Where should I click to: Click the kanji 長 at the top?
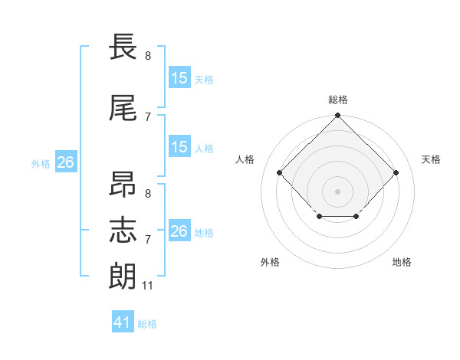tap(123, 46)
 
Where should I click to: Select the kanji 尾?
tap(123, 108)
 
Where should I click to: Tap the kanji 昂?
tap(123, 184)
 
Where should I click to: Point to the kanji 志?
tap(123, 230)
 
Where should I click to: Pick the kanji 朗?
tap(123, 276)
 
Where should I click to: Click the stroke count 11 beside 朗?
tap(147, 286)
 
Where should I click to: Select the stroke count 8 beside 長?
tap(148, 55)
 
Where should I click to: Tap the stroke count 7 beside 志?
tap(148, 240)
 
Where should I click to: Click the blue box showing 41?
tap(123, 321)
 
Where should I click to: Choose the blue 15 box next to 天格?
tap(180, 77)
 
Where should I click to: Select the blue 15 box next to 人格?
tap(180, 146)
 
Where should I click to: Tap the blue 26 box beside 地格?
tap(180, 230)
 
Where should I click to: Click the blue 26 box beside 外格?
tap(66, 162)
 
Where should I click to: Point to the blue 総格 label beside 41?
tap(147, 324)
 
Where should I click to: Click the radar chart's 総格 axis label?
tap(338, 100)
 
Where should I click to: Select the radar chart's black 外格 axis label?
tap(270, 262)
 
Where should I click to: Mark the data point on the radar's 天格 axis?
tap(396, 172)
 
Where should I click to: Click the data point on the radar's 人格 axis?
tap(279, 172)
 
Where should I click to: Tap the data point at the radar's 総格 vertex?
tap(337, 115)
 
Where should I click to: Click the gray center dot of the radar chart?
tap(337, 191)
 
